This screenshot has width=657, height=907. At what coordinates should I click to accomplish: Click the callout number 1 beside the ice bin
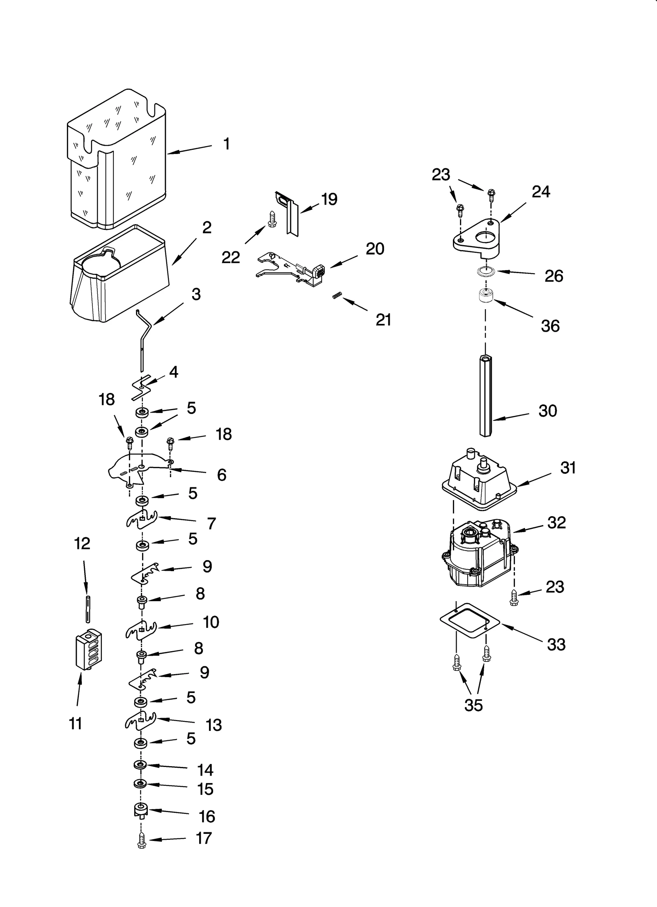(x=226, y=144)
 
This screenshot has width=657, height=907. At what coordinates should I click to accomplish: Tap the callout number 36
(x=550, y=326)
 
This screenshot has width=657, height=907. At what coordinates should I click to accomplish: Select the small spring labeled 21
(x=337, y=295)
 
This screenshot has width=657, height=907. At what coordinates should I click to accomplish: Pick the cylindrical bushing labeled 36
(x=485, y=297)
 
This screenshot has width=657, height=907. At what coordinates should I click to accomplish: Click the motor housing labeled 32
(x=478, y=554)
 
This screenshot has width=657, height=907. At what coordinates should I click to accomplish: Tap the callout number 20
(x=374, y=249)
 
